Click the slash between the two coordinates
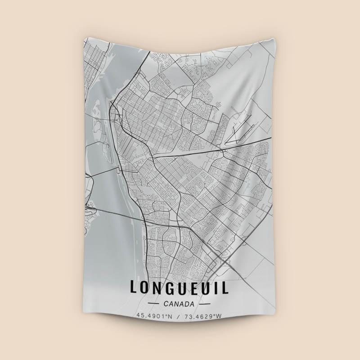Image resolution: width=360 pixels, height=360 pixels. click(x=179, y=316)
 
